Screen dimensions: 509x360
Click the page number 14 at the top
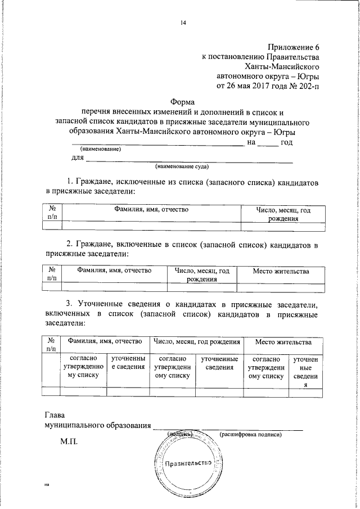coord(183,23)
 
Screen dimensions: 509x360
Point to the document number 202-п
coord(308,86)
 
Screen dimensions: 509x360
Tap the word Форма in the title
coord(183,102)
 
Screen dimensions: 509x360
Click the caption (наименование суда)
coord(183,167)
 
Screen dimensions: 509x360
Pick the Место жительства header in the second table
coord(281,271)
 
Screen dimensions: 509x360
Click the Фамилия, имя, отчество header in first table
coord(151,209)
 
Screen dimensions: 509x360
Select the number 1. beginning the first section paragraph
coord(70,183)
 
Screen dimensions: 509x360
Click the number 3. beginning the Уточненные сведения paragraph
coord(70,304)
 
